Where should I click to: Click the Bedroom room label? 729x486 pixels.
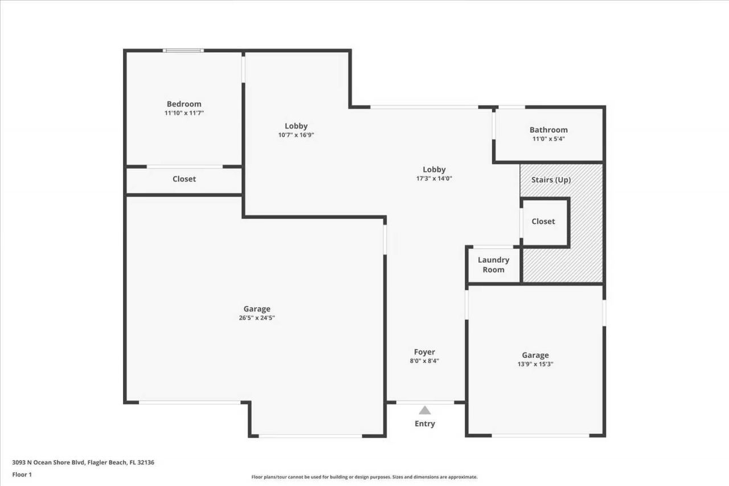(184, 104)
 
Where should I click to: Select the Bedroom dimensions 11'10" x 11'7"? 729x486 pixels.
(184, 113)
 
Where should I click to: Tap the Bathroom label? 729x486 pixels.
(548, 130)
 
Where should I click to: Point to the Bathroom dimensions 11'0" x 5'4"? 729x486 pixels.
(548, 139)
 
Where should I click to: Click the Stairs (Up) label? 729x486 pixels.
(551, 180)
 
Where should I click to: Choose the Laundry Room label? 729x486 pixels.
(493, 265)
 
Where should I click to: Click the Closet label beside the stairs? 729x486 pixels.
(543, 222)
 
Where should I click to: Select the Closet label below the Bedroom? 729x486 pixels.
(184, 179)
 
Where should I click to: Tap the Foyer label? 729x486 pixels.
(424, 352)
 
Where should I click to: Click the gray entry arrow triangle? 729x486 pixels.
(425, 410)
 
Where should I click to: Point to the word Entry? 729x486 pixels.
(425, 423)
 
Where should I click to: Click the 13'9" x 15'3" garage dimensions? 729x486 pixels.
(535, 364)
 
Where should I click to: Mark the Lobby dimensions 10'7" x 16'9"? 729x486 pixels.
(296, 135)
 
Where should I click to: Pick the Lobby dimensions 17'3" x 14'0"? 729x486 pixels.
(434, 178)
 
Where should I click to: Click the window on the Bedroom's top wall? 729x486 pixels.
(183, 51)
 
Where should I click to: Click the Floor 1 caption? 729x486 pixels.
(22, 474)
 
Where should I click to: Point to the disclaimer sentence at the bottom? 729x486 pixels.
(364, 477)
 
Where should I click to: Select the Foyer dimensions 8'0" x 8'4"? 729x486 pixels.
(424, 361)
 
